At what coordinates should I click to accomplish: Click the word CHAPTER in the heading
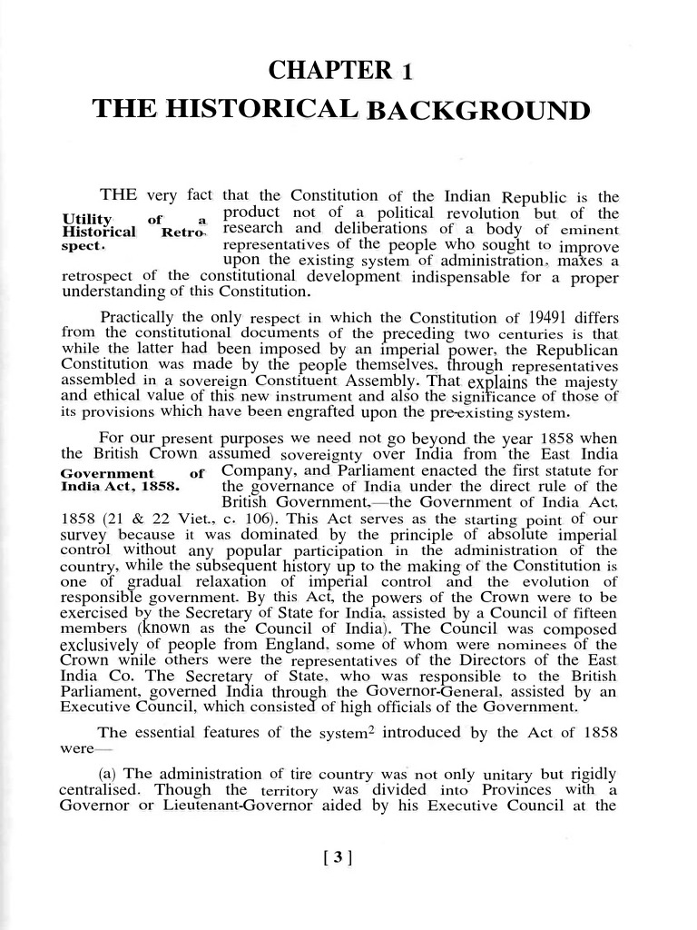[x=320, y=71]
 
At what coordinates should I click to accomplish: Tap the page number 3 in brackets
[x=337, y=856]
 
